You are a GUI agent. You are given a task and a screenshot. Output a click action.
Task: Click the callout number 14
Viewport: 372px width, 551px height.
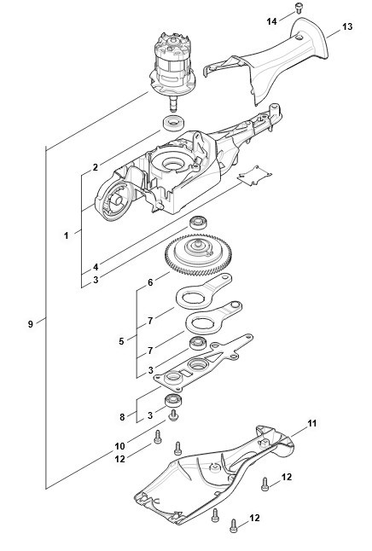pyautogui.click(x=271, y=21)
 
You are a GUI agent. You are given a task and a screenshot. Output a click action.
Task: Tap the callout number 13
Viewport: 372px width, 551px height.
pyautogui.click(x=347, y=26)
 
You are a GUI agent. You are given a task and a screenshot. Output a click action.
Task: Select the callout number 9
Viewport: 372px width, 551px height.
pyautogui.click(x=31, y=323)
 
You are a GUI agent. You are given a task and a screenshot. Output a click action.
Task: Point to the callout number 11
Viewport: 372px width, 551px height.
pyautogui.click(x=312, y=423)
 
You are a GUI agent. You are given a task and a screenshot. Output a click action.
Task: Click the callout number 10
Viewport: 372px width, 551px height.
pyautogui.click(x=120, y=446)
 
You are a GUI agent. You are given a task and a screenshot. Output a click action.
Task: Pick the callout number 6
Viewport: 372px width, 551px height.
pyautogui.click(x=150, y=282)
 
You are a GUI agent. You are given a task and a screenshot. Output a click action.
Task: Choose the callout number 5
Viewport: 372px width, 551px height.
pyautogui.click(x=121, y=341)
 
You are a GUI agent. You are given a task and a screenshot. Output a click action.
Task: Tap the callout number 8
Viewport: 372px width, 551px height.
pyautogui.click(x=122, y=417)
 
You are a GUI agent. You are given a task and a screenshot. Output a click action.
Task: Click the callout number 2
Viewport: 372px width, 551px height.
pyautogui.click(x=96, y=167)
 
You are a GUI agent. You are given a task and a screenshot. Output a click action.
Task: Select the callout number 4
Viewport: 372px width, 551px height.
pyautogui.click(x=96, y=267)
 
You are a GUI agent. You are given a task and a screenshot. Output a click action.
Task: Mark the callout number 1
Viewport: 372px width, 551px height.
pyautogui.click(x=66, y=235)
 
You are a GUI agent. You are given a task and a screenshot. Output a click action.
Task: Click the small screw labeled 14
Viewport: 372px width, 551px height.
pyautogui.click(x=299, y=8)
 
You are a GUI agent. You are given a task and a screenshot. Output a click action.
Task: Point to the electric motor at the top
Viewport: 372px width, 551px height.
pyautogui.click(x=172, y=70)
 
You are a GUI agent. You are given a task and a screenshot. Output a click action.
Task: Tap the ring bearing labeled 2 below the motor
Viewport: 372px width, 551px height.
pyautogui.click(x=172, y=124)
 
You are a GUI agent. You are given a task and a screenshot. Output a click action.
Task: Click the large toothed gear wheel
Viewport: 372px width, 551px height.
pyautogui.click(x=198, y=254)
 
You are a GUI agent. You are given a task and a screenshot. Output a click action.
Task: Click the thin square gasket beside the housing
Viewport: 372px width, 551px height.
pyautogui.click(x=254, y=176)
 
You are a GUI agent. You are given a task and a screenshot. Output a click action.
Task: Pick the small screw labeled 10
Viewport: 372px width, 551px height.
pyautogui.click(x=173, y=415)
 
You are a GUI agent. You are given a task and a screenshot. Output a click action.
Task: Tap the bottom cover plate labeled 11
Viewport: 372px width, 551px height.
pyautogui.click(x=214, y=474)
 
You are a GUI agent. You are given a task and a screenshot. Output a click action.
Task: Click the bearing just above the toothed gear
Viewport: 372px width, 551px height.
pyautogui.click(x=198, y=223)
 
